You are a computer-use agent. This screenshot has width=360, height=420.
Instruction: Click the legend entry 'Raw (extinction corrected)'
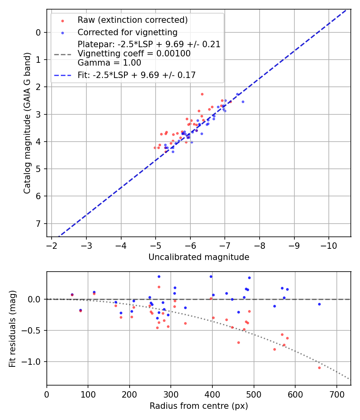(132, 20)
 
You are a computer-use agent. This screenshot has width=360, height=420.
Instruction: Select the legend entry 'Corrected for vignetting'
(127, 32)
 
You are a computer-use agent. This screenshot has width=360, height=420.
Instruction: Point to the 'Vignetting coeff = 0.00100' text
(134, 54)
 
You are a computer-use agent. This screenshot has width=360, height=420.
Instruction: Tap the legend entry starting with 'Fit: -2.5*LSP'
(136, 75)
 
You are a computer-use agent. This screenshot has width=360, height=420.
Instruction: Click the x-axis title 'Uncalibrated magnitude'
(199, 257)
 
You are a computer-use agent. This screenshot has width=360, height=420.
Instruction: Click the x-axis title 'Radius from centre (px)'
(199, 406)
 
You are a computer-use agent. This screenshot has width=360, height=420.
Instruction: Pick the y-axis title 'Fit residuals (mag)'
(12, 328)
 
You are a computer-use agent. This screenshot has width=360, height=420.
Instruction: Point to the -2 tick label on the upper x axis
(52, 244)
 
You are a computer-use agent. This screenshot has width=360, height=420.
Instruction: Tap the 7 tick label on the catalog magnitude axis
(38, 223)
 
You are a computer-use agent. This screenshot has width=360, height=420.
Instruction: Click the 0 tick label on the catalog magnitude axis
(38, 32)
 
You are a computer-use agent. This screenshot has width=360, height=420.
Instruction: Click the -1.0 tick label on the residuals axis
(33, 362)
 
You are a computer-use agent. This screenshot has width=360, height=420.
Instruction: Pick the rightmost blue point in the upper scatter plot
(243, 102)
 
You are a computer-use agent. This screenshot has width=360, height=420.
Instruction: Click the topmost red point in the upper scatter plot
(202, 94)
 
